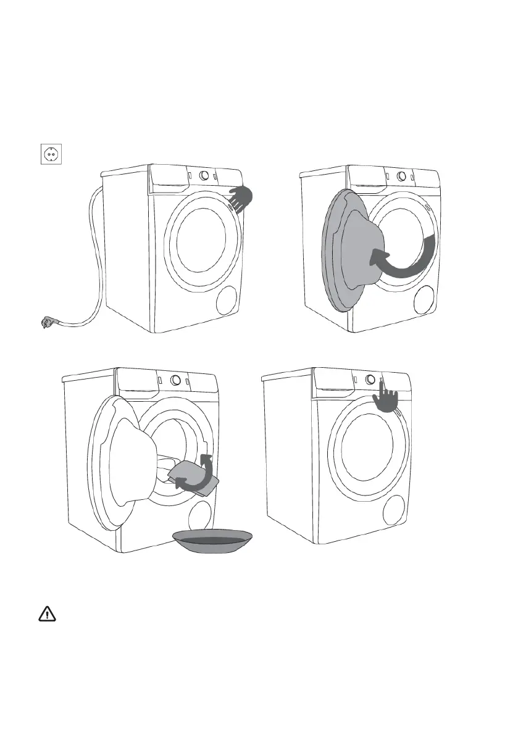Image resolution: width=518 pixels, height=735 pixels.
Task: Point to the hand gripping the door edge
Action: point(241,197)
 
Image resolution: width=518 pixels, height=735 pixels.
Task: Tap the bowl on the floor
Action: point(213,541)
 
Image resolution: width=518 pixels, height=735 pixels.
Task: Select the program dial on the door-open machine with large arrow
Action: point(401,176)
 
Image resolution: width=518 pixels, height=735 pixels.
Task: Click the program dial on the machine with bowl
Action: point(175,380)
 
